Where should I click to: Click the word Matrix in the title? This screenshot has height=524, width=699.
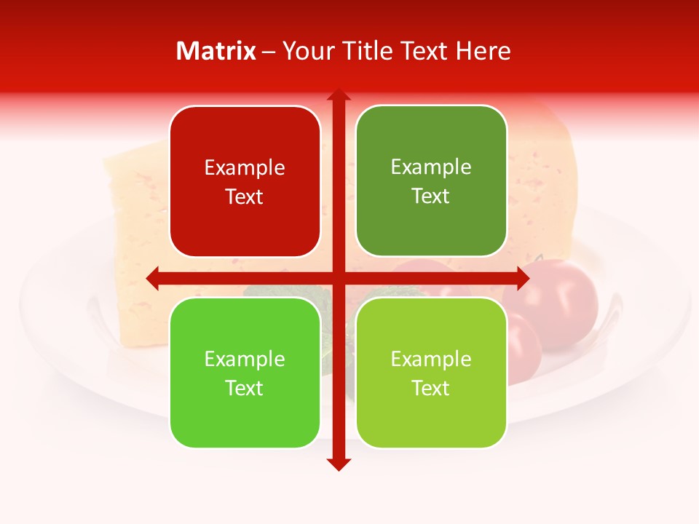point(216,51)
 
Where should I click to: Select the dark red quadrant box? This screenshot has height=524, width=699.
point(245,181)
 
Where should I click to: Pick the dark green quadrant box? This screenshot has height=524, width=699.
point(431,181)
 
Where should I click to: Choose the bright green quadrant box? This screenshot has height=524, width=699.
point(245,373)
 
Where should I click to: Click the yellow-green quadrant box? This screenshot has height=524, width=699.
point(431,373)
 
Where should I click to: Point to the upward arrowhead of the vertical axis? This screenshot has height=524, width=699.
point(338,95)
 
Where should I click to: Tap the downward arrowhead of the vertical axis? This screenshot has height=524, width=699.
point(338,464)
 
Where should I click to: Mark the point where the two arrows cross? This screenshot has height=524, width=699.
point(338,278)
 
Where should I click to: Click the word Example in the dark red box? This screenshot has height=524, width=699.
point(245,168)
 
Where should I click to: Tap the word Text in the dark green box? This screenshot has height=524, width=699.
point(430,196)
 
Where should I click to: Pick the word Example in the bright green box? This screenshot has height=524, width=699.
point(245,359)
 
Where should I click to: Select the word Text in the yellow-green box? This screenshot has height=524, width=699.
point(430,388)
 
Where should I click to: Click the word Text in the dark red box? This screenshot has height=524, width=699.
point(244,197)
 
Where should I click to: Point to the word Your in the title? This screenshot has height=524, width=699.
point(307,51)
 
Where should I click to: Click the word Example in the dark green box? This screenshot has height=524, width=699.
point(431,167)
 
